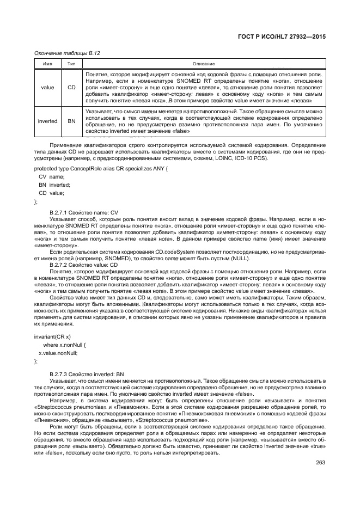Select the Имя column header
click(47, 64)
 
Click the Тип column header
click(71, 64)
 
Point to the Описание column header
click(204, 64)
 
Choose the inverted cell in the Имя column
click(47, 121)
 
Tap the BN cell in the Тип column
click(71, 121)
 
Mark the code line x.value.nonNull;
click(58, 353)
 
